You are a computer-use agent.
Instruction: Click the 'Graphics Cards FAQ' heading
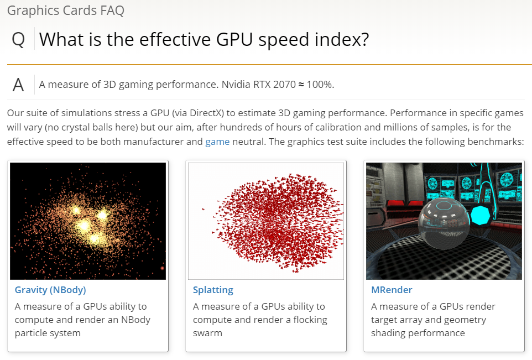66,10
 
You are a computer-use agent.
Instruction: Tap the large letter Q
18,40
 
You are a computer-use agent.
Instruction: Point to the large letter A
18,85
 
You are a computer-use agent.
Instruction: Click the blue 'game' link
217,142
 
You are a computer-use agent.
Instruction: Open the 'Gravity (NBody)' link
50,290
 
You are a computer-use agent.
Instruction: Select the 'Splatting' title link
213,290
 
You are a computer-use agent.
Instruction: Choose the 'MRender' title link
392,290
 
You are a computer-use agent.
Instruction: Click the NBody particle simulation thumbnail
88,221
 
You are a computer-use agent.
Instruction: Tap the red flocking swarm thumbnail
266,221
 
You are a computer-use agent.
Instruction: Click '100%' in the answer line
320,85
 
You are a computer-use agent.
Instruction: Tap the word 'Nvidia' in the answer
236,85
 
